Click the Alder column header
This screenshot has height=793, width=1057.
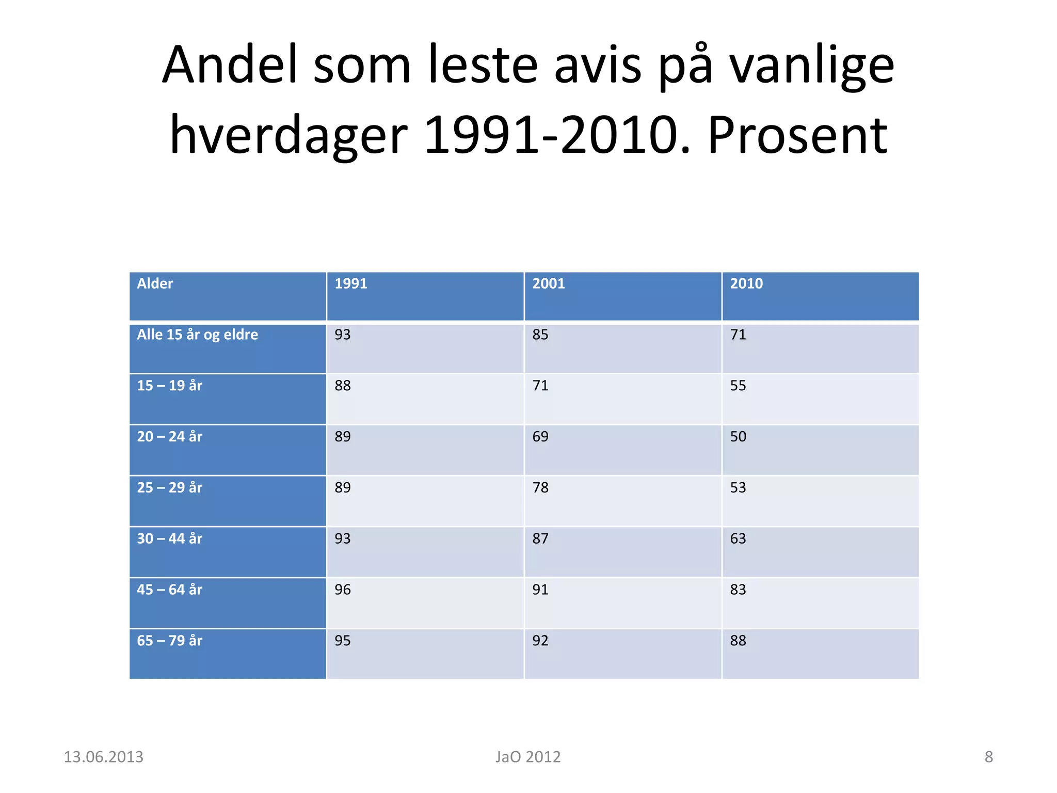point(155,283)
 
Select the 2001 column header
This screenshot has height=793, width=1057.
point(549,283)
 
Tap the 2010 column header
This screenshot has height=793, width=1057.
point(746,283)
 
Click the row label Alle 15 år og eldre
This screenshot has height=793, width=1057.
point(197,335)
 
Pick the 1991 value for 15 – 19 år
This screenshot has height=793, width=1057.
point(343,386)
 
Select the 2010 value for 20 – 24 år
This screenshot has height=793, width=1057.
point(738,437)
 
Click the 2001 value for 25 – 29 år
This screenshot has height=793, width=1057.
point(540,488)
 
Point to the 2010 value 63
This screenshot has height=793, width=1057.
point(738,538)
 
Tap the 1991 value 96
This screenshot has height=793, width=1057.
point(343,590)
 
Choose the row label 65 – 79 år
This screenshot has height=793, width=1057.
point(169,641)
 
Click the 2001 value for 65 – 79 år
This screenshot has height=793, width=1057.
point(540,641)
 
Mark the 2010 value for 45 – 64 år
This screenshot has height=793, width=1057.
point(738,590)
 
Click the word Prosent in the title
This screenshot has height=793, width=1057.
point(797,135)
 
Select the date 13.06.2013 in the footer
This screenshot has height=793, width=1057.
point(103,757)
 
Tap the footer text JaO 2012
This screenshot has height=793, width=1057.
point(528,757)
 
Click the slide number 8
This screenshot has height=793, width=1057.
point(988,757)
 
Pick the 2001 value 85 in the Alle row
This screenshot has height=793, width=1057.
point(540,335)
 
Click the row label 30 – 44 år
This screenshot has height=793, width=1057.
point(169,538)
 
